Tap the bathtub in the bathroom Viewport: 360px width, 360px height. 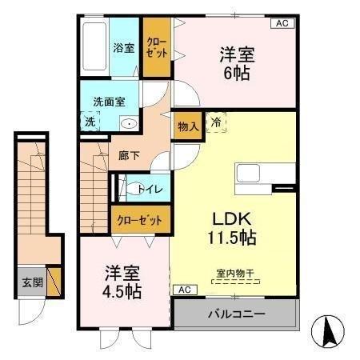[95, 48]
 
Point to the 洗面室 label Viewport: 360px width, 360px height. [108, 102]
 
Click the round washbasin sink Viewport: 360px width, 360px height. [128, 124]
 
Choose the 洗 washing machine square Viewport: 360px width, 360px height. [90, 122]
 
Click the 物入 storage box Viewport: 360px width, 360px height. [187, 126]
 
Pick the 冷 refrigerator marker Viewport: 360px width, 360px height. [217, 122]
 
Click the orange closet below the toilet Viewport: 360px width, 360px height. [140, 218]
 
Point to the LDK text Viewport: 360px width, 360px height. [233, 218]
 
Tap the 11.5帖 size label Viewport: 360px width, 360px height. [233, 238]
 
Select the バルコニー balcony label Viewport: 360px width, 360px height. [236, 313]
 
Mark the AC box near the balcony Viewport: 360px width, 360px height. [183, 289]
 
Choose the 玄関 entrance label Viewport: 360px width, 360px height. [31, 282]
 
